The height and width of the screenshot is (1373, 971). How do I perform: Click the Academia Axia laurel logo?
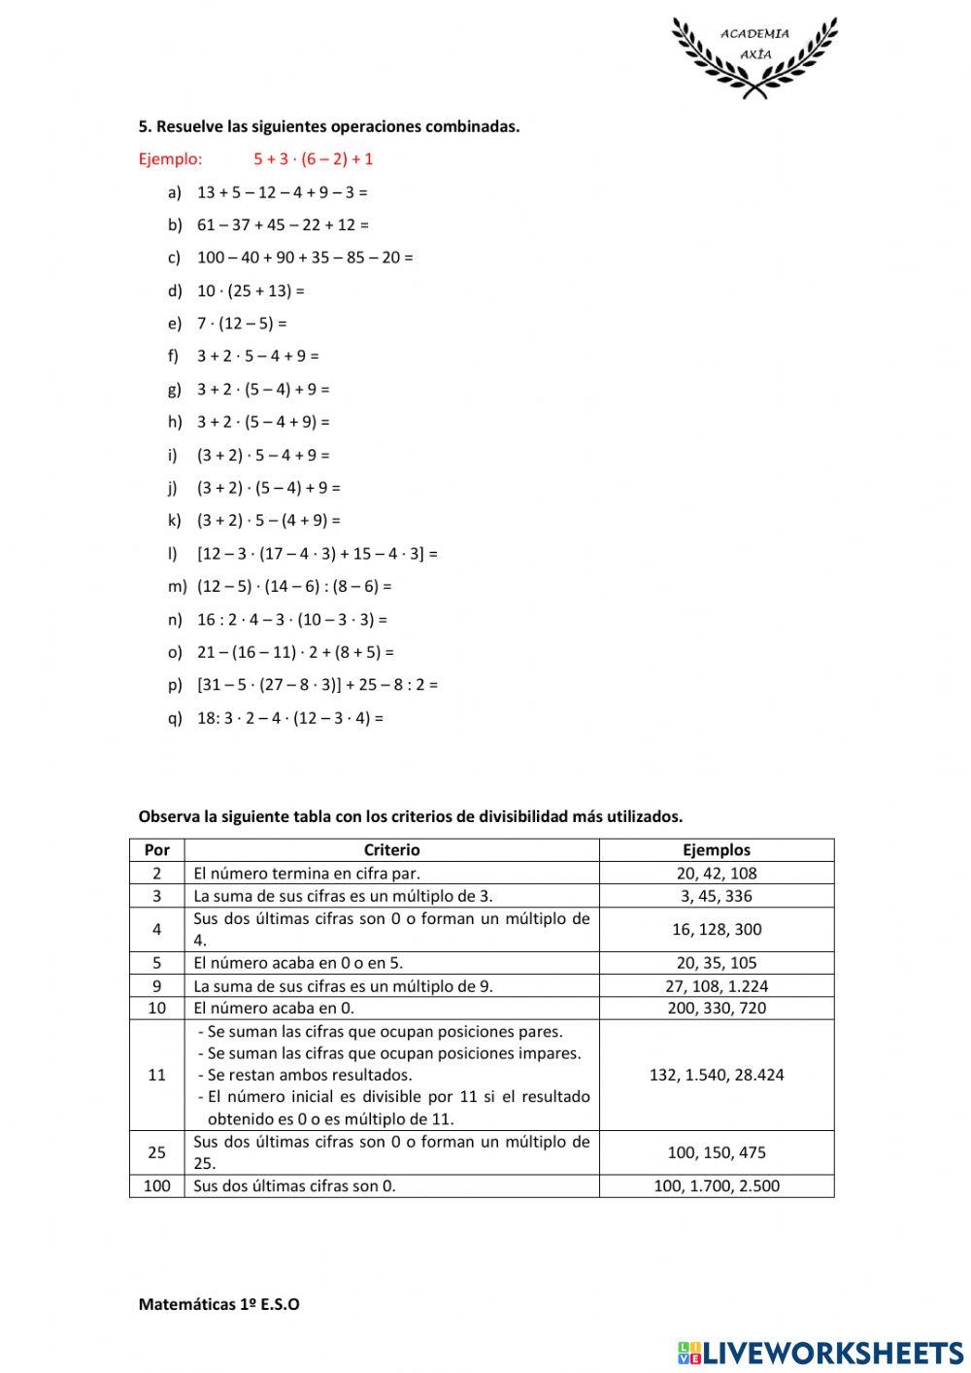click(754, 55)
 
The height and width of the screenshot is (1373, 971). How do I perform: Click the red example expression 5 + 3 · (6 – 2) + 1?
click(314, 158)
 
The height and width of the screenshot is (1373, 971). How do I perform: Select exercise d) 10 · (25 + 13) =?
click(251, 291)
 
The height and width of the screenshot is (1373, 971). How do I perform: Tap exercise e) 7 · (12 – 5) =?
click(242, 324)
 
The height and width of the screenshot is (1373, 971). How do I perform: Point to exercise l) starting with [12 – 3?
click(318, 554)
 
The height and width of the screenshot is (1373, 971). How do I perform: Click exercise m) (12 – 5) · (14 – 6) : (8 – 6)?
click(294, 586)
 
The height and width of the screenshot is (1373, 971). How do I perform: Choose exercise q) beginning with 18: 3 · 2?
click(290, 718)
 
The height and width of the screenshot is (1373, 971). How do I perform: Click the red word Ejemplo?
click(171, 158)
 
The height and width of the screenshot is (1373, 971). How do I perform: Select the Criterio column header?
click(392, 850)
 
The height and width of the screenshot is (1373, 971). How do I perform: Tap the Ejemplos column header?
click(717, 850)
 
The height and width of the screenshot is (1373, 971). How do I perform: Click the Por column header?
click(156, 850)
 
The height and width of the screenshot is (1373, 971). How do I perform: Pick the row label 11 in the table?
click(156, 1075)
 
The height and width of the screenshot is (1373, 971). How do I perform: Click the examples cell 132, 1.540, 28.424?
click(717, 1075)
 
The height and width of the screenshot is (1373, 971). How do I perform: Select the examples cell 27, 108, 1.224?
click(717, 985)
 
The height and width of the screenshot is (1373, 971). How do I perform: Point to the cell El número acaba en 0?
click(274, 1008)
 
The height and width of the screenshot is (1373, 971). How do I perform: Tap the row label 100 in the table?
click(156, 1185)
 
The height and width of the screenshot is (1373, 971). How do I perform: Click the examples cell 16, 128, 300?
click(717, 929)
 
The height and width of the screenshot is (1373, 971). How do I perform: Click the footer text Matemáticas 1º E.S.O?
click(218, 1304)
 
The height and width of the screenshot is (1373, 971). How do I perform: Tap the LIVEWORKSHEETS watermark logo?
click(820, 1352)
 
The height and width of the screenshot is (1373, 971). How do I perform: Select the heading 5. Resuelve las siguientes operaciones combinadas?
click(329, 126)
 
